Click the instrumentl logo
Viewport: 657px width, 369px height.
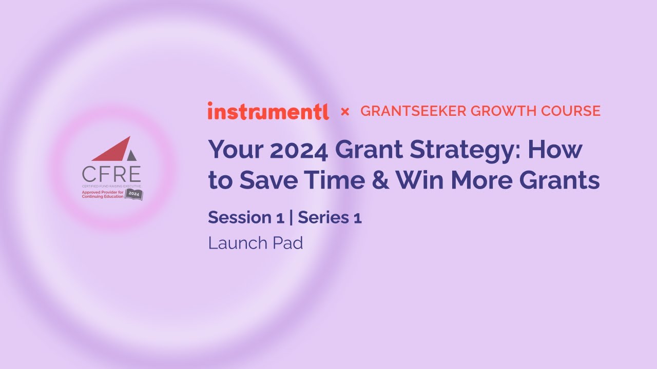point(268,111)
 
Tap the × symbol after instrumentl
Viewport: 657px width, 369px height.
point(345,111)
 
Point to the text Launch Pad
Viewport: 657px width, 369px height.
point(255,243)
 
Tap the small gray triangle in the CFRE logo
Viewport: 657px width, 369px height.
point(132,154)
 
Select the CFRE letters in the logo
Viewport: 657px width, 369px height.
point(111,174)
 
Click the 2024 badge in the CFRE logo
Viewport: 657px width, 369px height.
point(133,194)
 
